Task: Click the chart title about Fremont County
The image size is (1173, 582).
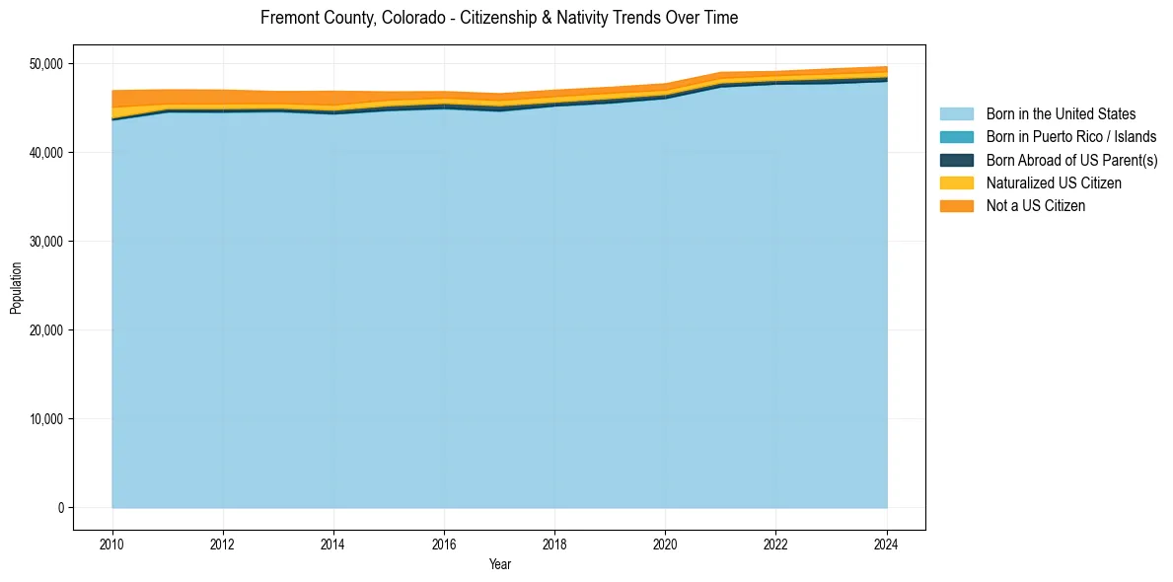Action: tap(499, 18)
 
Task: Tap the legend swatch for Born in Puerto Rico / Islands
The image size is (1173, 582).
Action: tap(956, 137)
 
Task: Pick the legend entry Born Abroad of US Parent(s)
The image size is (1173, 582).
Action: tap(1071, 160)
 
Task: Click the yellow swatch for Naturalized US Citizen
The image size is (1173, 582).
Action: tap(956, 183)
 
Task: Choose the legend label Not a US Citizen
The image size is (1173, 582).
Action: tap(1035, 206)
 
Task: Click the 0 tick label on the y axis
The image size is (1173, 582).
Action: tap(60, 508)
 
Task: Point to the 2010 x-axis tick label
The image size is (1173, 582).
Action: tap(112, 543)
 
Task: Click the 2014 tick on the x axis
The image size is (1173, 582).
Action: tap(333, 543)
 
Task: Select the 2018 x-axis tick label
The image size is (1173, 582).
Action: tap(554, 543)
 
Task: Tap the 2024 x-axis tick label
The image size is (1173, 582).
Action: tap(887, 543)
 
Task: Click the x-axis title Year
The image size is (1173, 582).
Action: tap(499, 564)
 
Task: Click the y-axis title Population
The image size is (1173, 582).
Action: tap(16, 288)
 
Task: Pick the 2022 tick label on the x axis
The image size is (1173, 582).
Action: tap(776, 543)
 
